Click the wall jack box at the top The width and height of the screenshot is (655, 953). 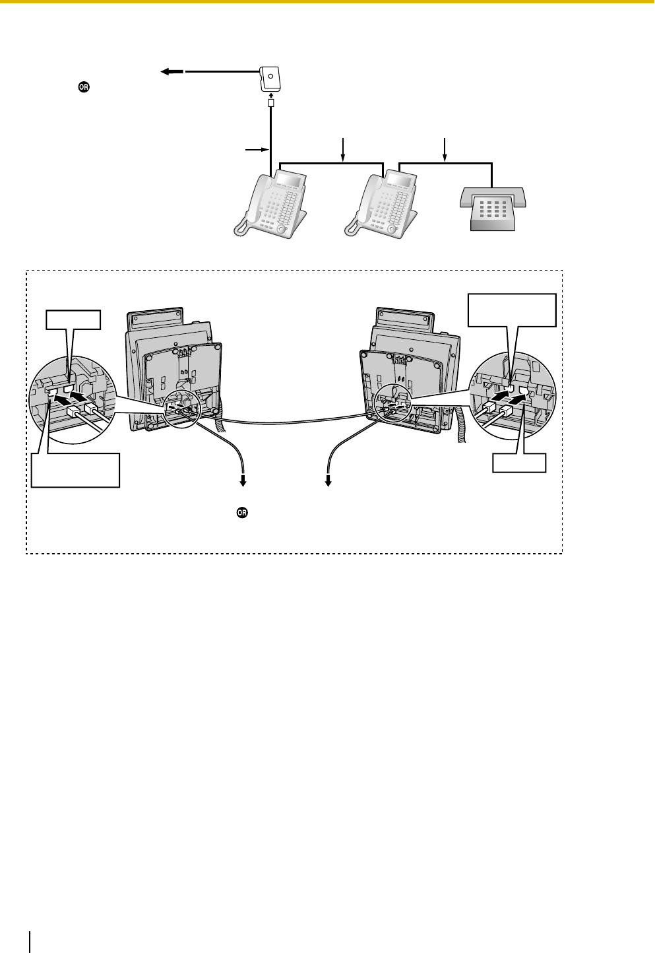tap(270, 79)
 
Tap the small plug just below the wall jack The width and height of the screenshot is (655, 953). tap(270, 104)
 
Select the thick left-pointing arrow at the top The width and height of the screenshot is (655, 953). tap(173, 71)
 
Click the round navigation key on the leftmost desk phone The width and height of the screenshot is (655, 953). tap(282, 229)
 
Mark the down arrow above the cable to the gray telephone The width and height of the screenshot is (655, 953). tap(446, 149)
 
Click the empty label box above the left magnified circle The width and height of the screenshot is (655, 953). tap(73, 320)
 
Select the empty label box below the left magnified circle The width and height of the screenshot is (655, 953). tap(75, 470)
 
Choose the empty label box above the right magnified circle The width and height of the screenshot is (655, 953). tap(512, 310)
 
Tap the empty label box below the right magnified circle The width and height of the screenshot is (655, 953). tap(520, 462)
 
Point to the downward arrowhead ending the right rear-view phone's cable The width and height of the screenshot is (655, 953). tap(328, 482)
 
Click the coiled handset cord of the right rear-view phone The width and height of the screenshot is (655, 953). tap(462, 422)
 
